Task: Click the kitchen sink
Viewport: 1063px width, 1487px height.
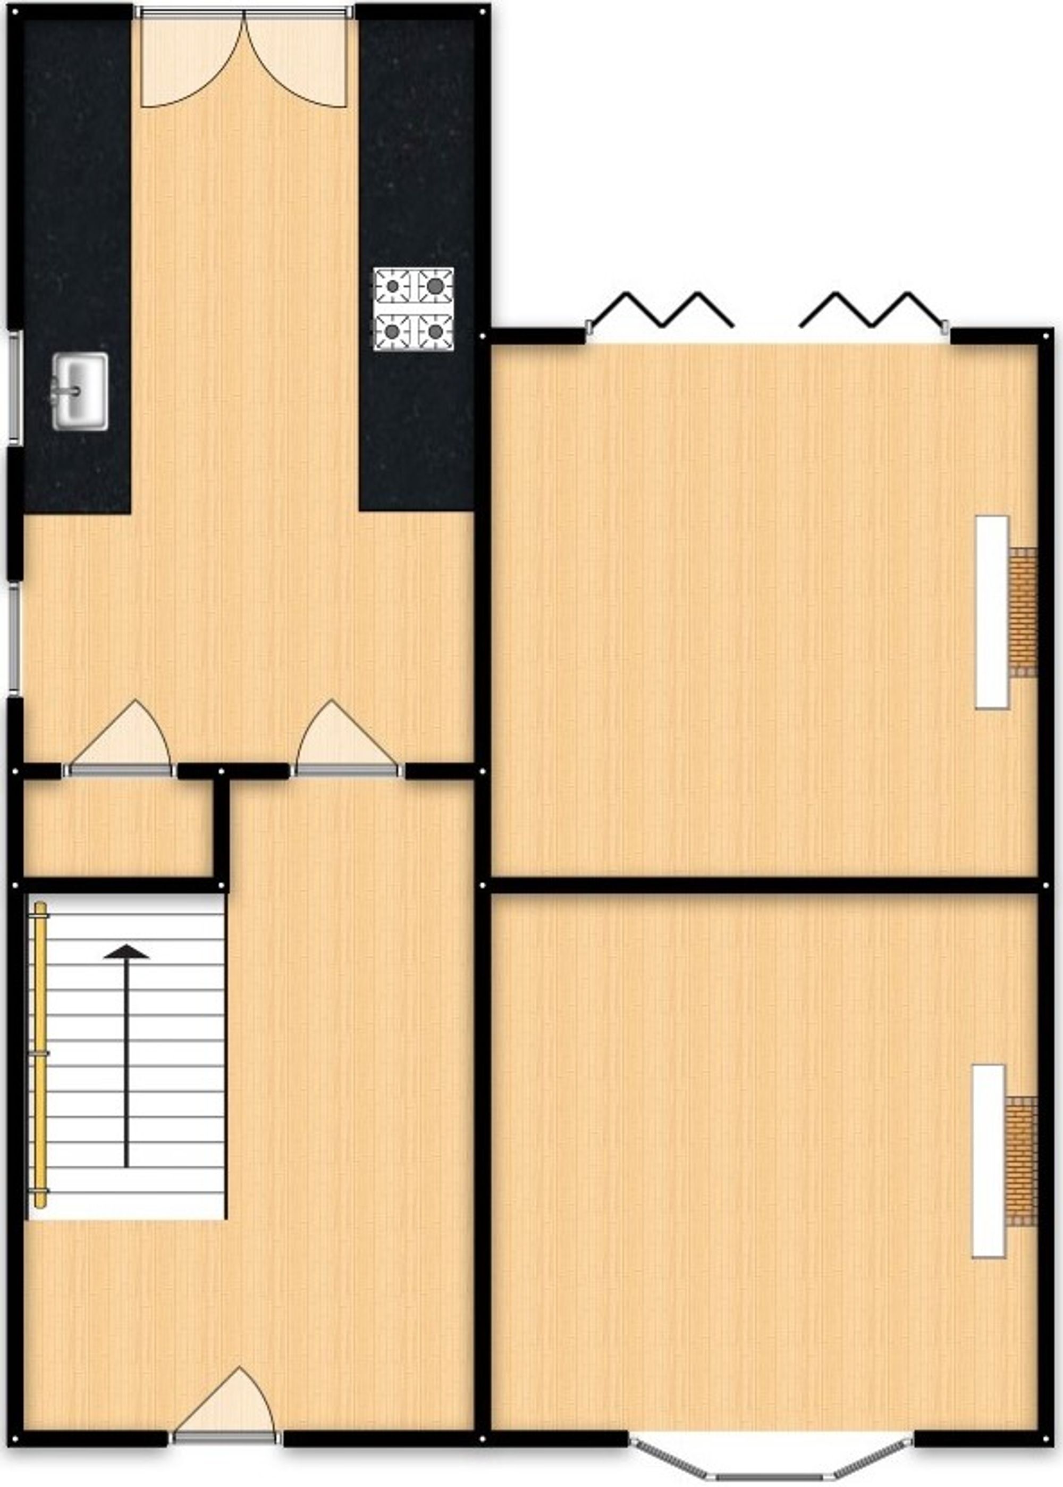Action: [x=80, y=391]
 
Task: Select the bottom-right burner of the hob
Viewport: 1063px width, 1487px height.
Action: [x=435, y=331]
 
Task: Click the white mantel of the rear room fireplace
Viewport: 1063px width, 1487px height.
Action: [x=992, y=612]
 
